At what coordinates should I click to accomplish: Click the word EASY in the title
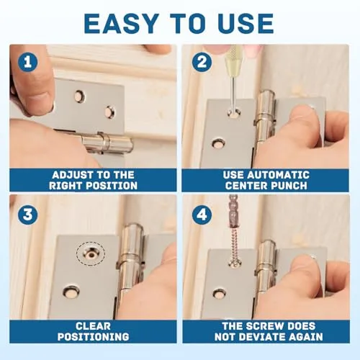(121, 24)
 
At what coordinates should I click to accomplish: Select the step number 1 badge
(28, 63)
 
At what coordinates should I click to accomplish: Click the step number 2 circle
(202, 62)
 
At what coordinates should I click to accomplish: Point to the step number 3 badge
(28, 215)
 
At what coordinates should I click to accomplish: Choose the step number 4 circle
(202, 215)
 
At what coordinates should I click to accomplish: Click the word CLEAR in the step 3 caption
(93, 326)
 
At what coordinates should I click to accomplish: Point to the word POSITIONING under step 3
(93, 337)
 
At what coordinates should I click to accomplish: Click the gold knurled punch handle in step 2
(230, 60)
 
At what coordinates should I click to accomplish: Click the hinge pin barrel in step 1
(107, 143)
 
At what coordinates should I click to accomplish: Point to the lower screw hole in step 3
(71, 291)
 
